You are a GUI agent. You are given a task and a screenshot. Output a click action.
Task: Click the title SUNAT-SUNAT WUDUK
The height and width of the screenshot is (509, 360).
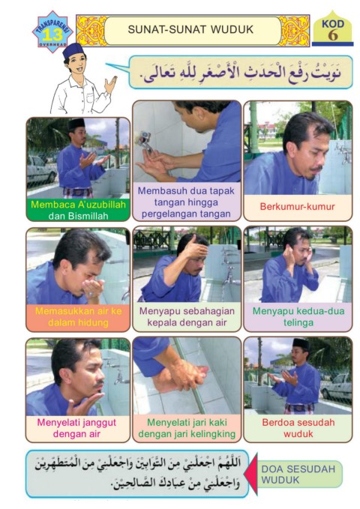click(190, 29)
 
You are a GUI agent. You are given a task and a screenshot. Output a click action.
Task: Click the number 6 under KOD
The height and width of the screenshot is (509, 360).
click(333, 35)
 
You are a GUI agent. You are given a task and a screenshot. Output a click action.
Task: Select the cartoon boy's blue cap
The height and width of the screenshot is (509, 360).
click(73, 51)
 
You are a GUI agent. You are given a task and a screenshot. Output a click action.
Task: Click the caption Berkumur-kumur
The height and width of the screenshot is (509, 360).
click(297, 206)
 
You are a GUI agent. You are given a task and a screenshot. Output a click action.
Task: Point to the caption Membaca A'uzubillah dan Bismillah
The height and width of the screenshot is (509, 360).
click(78, 210)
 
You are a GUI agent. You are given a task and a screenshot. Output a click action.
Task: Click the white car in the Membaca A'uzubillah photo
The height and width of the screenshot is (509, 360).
click(41, 169)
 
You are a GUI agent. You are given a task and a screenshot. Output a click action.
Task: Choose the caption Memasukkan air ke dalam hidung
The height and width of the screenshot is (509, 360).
click(78, 316)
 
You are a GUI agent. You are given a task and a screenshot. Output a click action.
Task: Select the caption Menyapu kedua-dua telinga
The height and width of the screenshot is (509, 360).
click(298, 316)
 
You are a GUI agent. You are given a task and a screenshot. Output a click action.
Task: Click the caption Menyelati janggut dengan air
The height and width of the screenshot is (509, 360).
click(76, 428)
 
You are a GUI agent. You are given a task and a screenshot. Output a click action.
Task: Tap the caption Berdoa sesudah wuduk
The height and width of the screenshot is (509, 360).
click(298, 428)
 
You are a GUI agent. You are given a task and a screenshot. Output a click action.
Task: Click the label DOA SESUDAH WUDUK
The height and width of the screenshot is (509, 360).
click(298, 474)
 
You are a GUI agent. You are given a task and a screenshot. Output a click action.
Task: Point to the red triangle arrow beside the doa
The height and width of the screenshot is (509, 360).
click(250, 474)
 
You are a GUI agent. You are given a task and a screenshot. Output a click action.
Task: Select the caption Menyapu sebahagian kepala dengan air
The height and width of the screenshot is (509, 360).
click(187, 316)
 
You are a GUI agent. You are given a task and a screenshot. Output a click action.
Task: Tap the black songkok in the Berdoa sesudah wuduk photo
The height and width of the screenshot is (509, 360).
click(301, 344)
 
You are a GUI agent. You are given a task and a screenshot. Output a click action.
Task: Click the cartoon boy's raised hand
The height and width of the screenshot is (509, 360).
click(110, 85)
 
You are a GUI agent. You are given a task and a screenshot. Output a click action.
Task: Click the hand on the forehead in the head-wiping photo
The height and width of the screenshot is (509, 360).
click(196, 247)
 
